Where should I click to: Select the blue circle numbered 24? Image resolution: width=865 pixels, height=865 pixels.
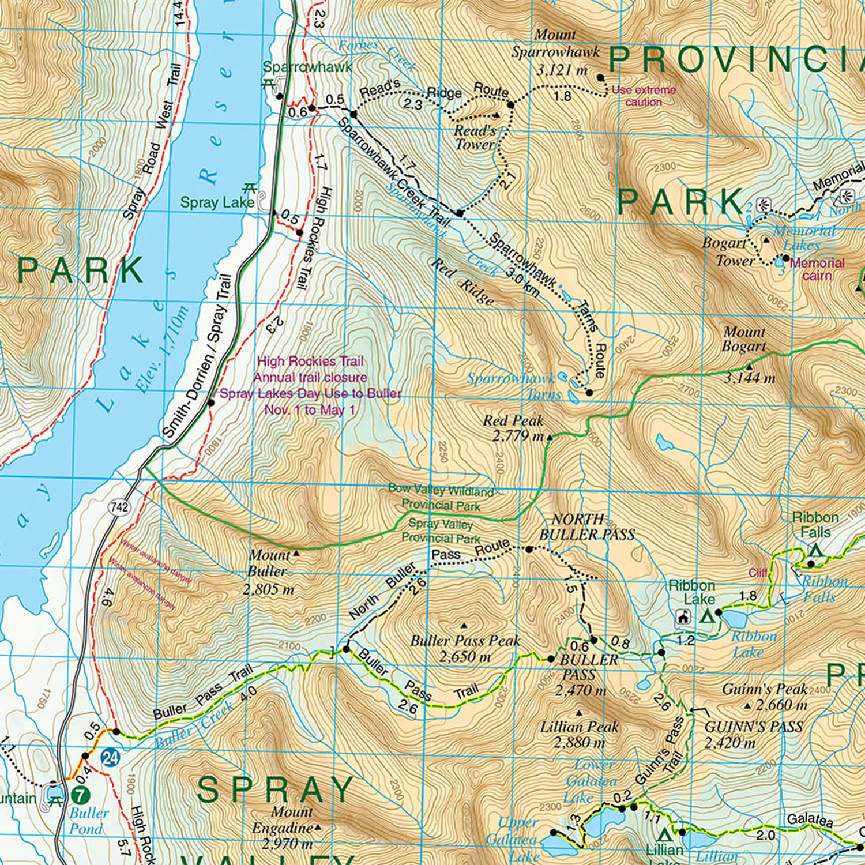click(x=110, y=757)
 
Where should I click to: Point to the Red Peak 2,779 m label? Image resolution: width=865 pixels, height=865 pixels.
click(x=513, y=428)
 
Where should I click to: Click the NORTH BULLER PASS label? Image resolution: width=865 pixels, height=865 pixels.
click(x=586, y=527)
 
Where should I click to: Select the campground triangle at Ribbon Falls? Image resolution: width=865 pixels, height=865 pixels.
click(x=815, y=550)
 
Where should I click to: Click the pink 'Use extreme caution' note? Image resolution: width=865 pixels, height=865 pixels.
click(x=643, y=96)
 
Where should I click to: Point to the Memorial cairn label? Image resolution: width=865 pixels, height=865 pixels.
click(x=817, y=269)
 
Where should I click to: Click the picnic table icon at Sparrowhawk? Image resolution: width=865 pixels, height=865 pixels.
click(x=268, y=84)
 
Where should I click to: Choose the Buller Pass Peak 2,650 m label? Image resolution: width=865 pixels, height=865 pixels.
click(x=465, y=648)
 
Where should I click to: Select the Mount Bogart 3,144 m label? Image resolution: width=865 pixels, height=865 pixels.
click(x=749, y=354)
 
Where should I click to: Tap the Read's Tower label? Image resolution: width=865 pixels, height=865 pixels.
click(x=475, y=137)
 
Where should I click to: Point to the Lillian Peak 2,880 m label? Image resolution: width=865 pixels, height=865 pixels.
click(x=579, y=734)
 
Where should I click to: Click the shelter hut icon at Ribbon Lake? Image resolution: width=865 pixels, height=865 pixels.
click(x=683, y=617)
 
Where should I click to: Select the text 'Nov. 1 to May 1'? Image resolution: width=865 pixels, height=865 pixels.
click(x=310, y=410)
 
